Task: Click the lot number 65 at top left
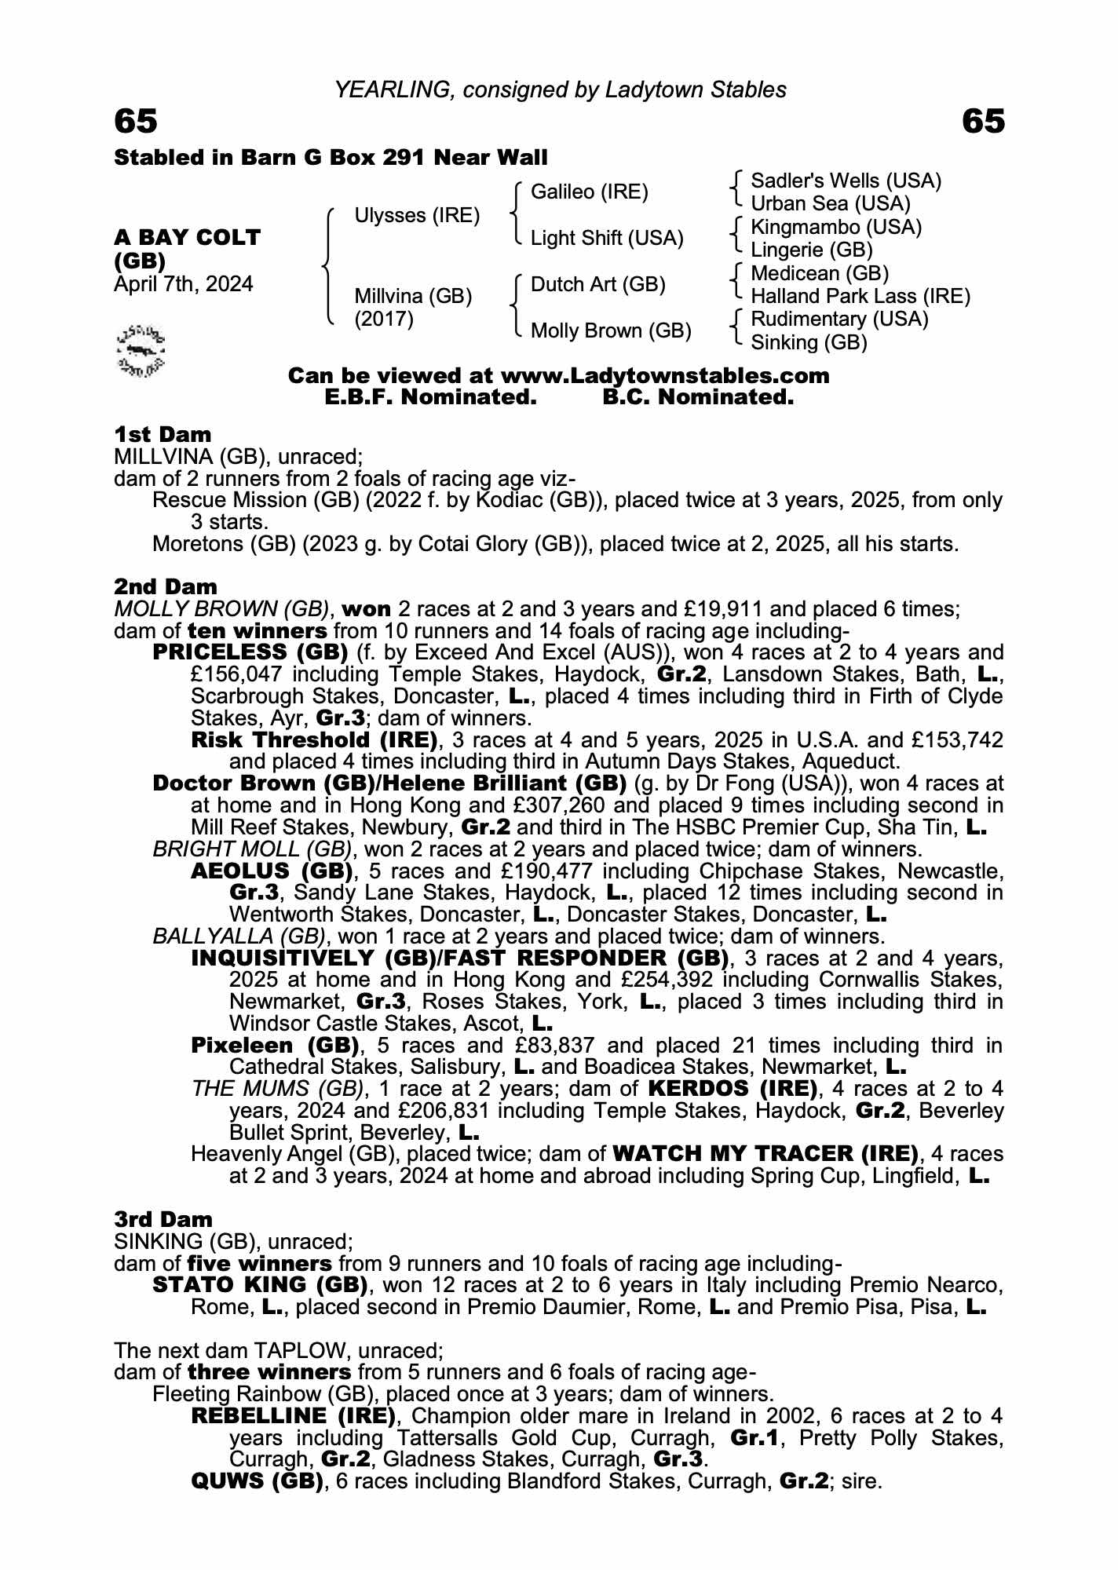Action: click(136, 122)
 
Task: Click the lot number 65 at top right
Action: click(983, 122)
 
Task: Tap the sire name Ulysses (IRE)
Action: click(417, 216)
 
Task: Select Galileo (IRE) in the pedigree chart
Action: click(590, 192)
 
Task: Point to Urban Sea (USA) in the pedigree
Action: click(831, 204)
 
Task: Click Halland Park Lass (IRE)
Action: click(860, 297)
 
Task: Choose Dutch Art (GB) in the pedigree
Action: click(598, 284)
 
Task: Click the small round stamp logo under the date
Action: click(141, 349)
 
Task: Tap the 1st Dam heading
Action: click(163, 434)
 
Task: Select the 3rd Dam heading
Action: click(163, 1219)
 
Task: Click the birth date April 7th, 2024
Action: click(184, 284)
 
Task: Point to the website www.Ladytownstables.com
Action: click(665, 376)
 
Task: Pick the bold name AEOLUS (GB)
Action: click(272, 871)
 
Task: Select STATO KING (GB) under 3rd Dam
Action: click(260, 1285)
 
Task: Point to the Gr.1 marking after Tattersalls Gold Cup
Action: click(754, 1438)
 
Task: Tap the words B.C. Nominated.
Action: click(698, 398)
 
